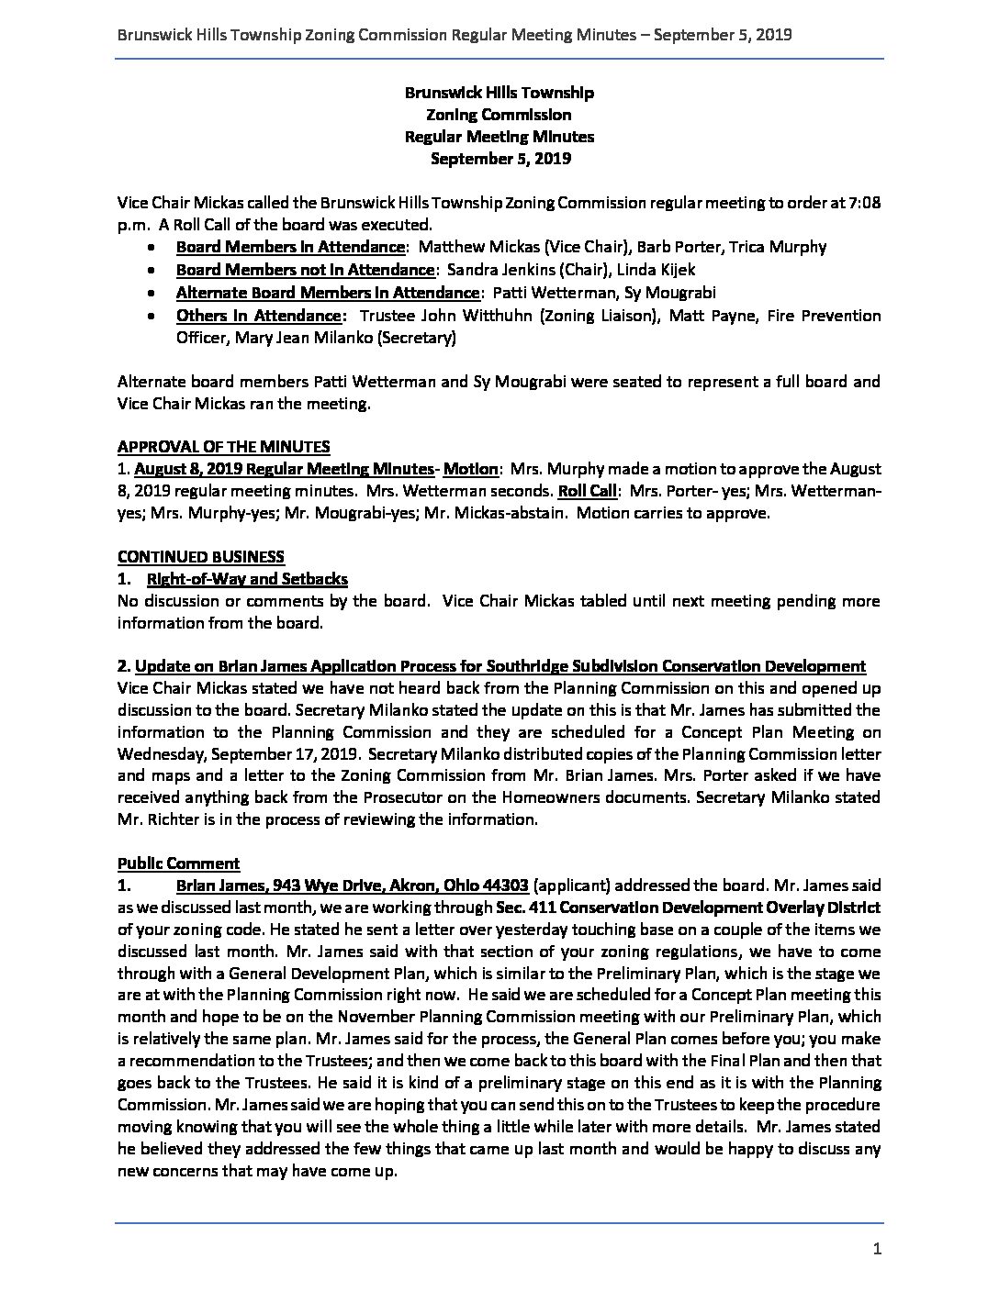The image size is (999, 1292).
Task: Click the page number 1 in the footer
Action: [877, 1248]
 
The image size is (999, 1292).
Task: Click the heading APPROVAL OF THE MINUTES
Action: [223, 447]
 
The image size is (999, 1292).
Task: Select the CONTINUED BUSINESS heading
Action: [201, 557]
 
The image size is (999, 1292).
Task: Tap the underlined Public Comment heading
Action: [178, 863]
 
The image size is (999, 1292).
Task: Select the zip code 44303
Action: [503, 885]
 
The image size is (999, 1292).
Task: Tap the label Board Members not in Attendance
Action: [305, 270]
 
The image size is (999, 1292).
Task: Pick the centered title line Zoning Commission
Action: [499, 115]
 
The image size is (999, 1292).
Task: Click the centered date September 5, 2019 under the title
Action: [499, 159]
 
